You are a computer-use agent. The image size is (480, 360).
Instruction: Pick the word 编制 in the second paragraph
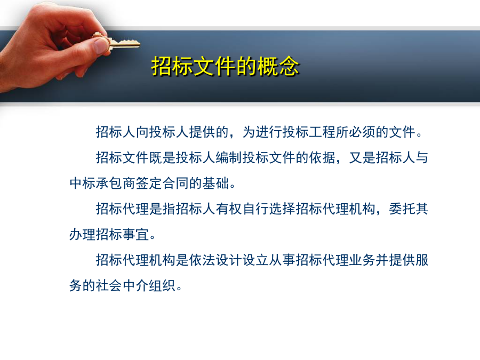[229, 158]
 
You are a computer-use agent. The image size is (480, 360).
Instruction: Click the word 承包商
[116, 183]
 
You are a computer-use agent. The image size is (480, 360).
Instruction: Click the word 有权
[229, 209]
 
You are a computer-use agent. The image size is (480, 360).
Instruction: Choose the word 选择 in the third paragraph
[283, 209]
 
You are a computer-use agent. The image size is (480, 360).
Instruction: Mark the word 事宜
[136, 235]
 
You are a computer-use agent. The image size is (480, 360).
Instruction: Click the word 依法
[203, 260]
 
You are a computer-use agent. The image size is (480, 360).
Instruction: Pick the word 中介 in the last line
[136, 286]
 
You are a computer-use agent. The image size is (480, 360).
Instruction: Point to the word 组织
[163, 286]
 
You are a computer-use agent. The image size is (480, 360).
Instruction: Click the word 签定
[149, 183]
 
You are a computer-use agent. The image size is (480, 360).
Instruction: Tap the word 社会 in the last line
[109, 286]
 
